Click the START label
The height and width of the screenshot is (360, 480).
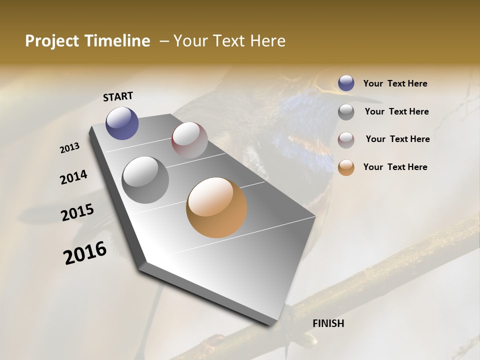[x=118, y=96]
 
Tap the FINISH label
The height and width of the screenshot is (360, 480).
[x=328, y=323]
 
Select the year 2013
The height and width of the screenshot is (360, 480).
[x=70, y=148]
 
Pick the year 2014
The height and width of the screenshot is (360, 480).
[x=73, y=177]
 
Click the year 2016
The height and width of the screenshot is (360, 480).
[x=85, y=253]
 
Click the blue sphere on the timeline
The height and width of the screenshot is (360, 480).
[x=122, y=123]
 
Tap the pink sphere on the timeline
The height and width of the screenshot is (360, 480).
[x=189, y=140]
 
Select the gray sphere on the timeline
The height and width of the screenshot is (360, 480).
[x=145, y=180]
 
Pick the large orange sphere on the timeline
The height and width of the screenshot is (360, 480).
[x=216, y=207]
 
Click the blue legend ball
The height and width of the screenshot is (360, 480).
[x=346, y=83]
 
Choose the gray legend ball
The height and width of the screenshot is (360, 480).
[x=346, y=112]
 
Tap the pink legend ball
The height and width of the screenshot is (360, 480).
[x=346, y=139]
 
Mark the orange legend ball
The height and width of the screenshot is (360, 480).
[x=346, y=167]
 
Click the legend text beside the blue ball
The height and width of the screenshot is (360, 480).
[x=395, y=84]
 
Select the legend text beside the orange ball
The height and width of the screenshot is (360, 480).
[x=395, y=167]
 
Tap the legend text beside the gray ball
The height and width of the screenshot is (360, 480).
[x=396, y=111]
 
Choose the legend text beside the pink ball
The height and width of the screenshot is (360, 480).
[x=397, y=139]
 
